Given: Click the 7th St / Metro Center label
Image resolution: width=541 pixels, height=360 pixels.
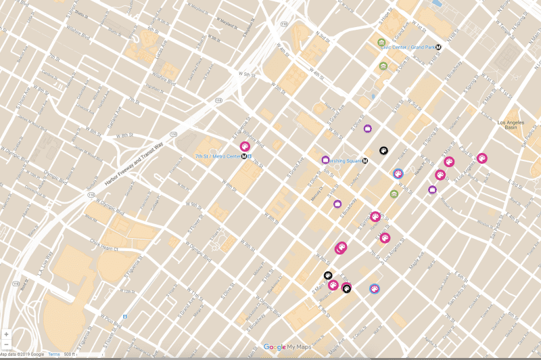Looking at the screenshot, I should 217,156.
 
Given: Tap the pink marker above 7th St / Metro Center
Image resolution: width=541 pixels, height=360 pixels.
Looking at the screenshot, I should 245,146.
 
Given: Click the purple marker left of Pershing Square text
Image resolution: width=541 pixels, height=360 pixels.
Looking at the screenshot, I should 325,160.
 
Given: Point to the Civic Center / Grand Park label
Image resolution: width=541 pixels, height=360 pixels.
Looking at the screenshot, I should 407,47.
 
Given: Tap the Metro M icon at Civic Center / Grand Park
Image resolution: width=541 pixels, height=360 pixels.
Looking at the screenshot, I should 438,47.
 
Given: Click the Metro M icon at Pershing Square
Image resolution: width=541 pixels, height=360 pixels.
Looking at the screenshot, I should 365,161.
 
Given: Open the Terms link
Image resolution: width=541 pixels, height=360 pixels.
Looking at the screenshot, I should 53,354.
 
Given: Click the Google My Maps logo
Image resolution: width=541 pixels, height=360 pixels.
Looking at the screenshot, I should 285,347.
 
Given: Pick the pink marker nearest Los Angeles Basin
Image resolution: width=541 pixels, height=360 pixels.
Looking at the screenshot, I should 481,158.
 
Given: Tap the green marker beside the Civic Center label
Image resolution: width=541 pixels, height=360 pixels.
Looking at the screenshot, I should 381,43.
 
